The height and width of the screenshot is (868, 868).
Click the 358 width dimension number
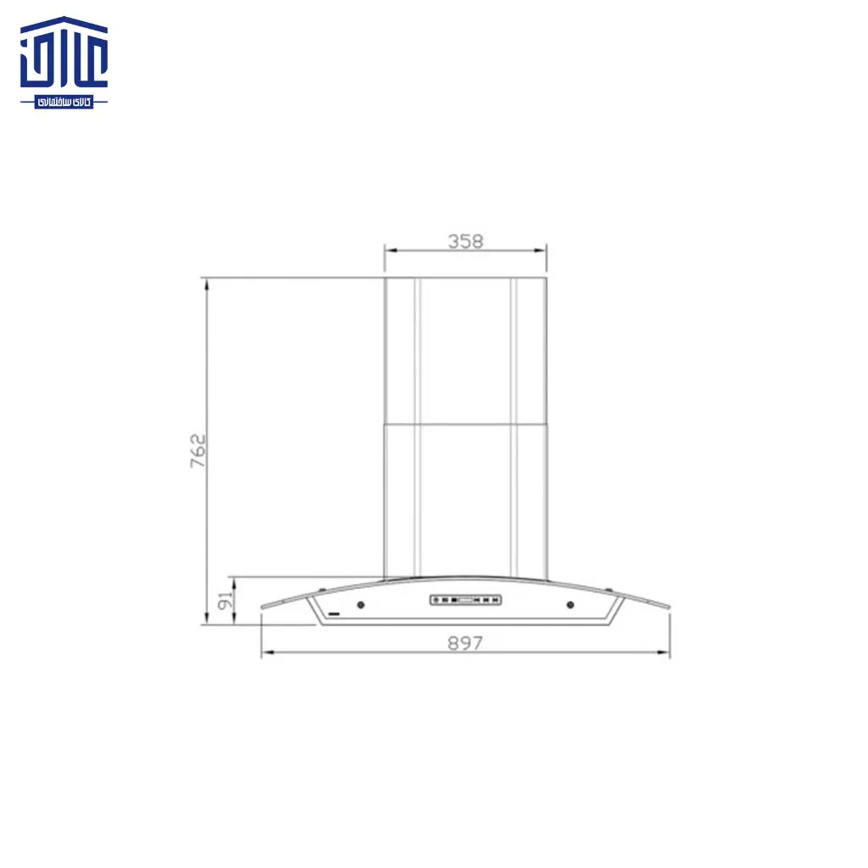(x=465, y=241)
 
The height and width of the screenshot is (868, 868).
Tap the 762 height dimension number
(x=198, y=452)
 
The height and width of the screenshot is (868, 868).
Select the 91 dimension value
(x=225, y=601)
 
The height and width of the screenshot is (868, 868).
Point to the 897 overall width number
(x=465, y=643)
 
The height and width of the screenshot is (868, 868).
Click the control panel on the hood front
(x=465, y=600)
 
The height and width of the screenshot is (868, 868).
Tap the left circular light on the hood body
(x=361, y=605)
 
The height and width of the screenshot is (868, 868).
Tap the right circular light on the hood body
(x=570, y=605)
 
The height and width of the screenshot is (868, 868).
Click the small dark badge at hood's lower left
(x=334, y=610)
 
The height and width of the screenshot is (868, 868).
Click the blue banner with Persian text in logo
(x=64, y=102)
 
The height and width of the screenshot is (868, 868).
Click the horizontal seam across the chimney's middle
(x=465, y=424)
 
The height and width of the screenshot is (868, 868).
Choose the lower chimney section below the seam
(x=465, y=500)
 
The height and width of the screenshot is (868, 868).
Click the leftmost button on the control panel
(x=436, y=600)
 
